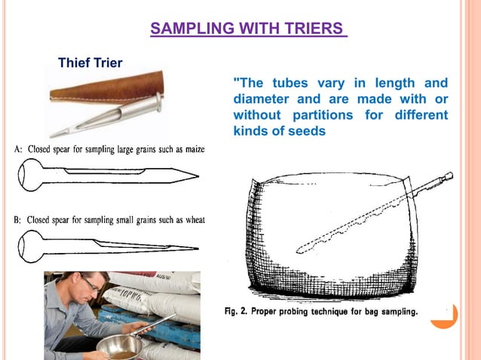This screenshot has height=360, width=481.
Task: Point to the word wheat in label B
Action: click(191, 220)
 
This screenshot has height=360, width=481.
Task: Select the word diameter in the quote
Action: click(260, 99)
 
